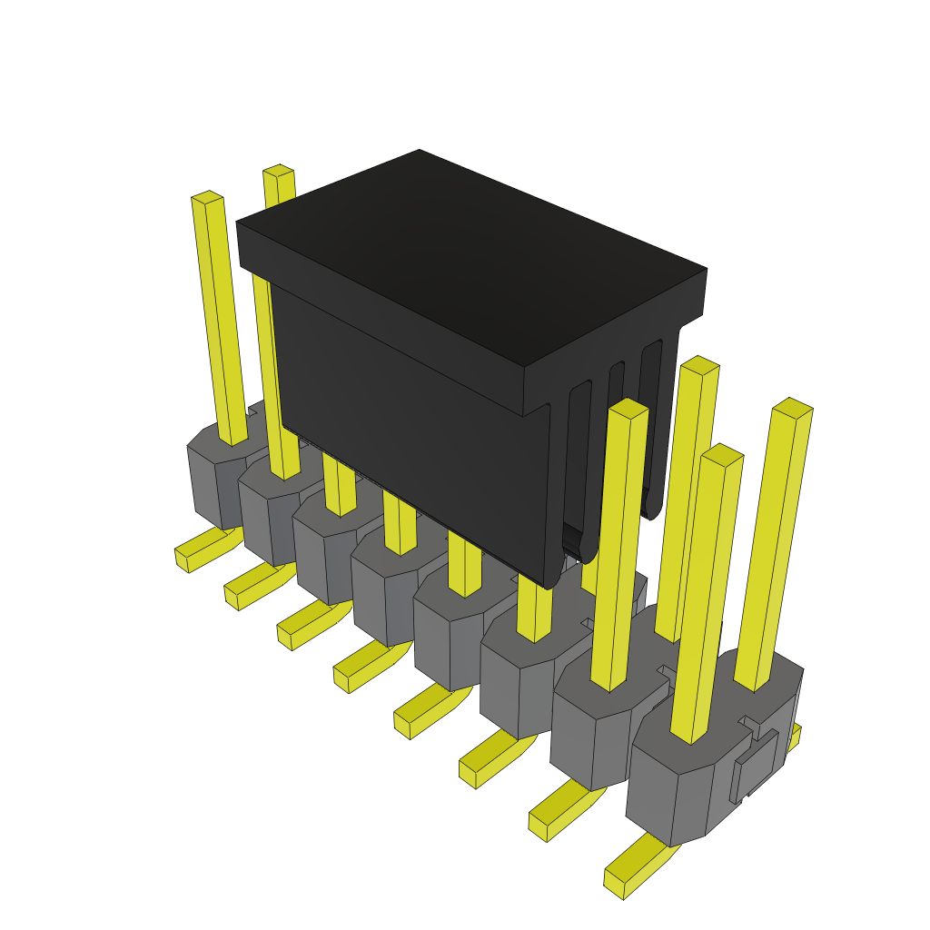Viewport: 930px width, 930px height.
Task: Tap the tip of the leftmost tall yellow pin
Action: coord(207,197)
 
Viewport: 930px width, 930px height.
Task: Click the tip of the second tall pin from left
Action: coord(278,170)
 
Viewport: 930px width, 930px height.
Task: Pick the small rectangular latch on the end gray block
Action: coord(756,765)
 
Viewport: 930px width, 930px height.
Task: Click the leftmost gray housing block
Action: coord(213,481)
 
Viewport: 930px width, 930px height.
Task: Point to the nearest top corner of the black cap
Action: coord(524,368)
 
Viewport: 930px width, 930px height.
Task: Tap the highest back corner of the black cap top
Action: coord(420,152)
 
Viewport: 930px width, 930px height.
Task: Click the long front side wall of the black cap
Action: coord(409,427)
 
